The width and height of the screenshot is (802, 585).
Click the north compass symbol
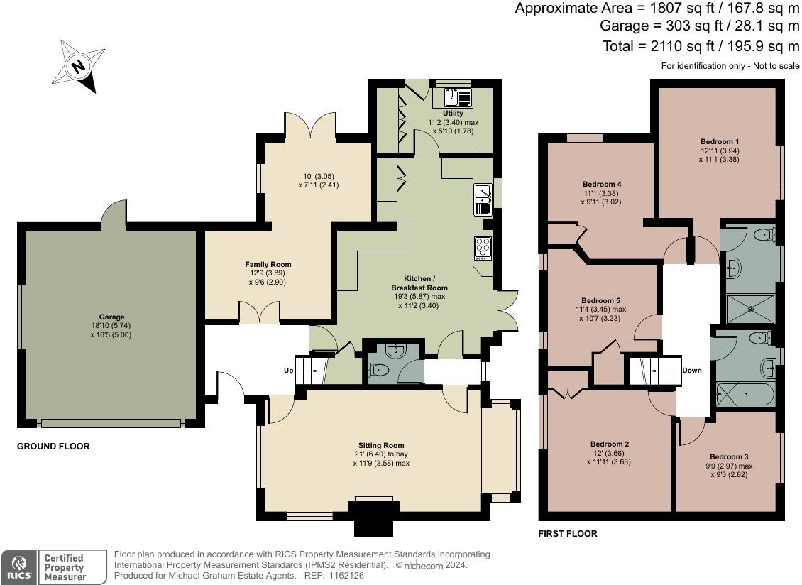coord(78,66)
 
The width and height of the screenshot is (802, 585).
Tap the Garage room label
coord(111,317)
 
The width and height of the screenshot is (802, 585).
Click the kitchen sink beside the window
coord(483,199)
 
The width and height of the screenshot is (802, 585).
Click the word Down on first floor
coord(691,371)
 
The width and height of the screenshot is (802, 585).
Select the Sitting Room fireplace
coord(372,518)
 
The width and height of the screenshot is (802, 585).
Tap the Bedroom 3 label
coord(728,456)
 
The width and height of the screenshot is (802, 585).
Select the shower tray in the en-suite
coord(749,308)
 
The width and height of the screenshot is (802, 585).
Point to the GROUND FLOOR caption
coord(53,447)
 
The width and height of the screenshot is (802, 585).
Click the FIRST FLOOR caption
coord(567,533)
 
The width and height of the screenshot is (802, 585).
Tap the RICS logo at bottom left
coord(18,567)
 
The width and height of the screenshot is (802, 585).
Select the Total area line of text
coord(699,46)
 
